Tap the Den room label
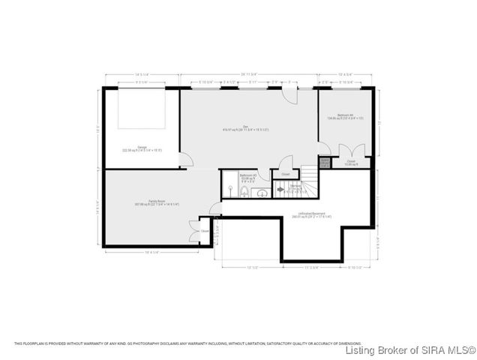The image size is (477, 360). tap(245, 127)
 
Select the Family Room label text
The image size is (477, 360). tap(156, 202)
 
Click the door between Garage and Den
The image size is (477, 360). tap(186, 158)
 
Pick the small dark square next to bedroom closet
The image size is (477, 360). tap(324, 163)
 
